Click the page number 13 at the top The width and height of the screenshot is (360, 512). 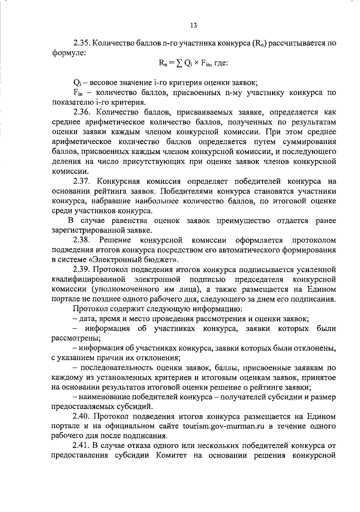pyautogui.click(x=193, y=26)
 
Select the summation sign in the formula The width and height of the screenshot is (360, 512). pyautogui.click(x=179, y=63)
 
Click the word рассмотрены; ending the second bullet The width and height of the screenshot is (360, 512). pyautogui.click(x=76, y=338)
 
